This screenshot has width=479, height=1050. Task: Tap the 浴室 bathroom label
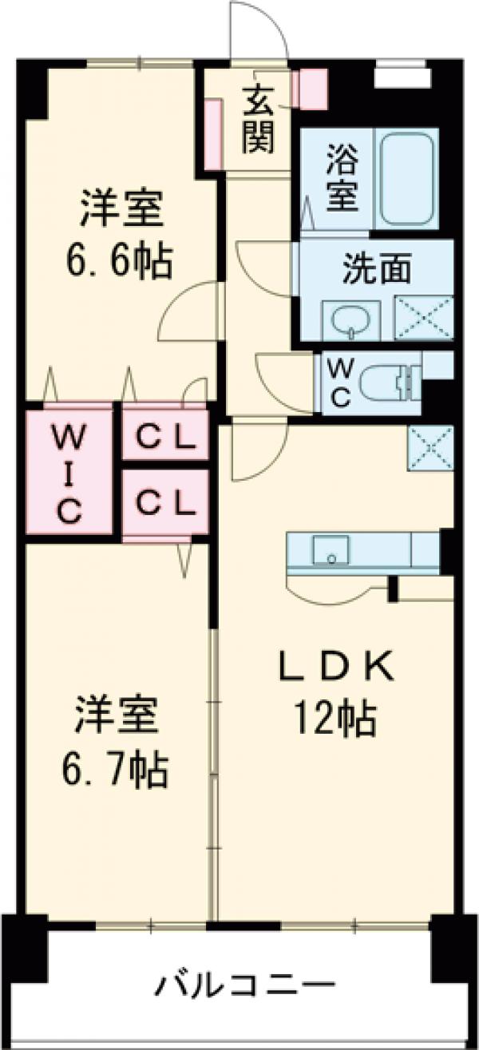[x=342, y=177]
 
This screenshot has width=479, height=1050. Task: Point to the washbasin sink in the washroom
[x=351, y=320]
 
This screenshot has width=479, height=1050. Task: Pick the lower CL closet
[x=164, y=502]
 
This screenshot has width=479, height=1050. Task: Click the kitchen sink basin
[x=331, y=551]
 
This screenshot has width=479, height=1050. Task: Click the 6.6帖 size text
[x=120, y=260]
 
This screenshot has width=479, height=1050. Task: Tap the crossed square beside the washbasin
[x=424, y=317]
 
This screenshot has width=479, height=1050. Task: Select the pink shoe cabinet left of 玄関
[x=212, y=134]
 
